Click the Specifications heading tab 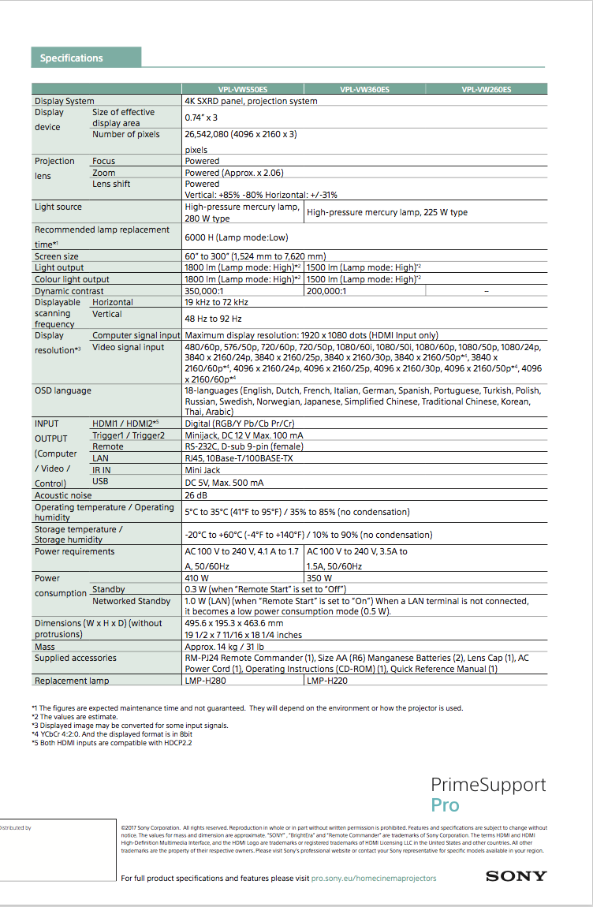click(72, 58)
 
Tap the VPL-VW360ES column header click(364, 90)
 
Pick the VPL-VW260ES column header click(487, 90)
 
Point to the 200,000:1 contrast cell click(326, 291)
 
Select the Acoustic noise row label click(63, 495)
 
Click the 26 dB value click(196, 495)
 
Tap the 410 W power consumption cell click(197, 578)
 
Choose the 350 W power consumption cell click(319, 578)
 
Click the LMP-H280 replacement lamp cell click(206, 681)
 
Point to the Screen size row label click(57, 256)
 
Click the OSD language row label click(63, 390)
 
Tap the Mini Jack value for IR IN click(203, 470)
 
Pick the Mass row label click(45, 647)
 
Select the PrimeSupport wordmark click(488, 785)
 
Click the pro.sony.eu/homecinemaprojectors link click(373, 878)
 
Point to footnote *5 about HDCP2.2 click(112, 742)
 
